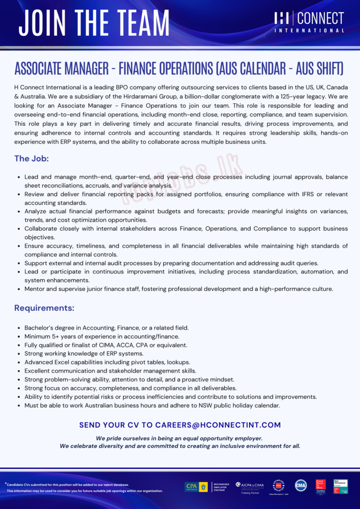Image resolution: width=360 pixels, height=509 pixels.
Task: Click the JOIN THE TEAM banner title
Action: (x=94, y=22)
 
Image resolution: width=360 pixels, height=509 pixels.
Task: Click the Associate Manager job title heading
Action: (x=180, y=68)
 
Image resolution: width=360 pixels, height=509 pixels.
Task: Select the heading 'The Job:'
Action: (x=31, y=159)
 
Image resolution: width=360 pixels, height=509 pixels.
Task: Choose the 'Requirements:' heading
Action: (x=44, y=308)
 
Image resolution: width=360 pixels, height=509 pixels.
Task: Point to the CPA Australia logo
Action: (x=196, y=487)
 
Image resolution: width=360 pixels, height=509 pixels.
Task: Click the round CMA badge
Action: (x=301, y=486)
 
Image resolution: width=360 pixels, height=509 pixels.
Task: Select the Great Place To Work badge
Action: (x=321, y=486)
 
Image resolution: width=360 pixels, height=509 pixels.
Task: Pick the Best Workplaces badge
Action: (x=341, y=486)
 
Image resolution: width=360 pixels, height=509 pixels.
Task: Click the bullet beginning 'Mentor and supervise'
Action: (x=179, y=289)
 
